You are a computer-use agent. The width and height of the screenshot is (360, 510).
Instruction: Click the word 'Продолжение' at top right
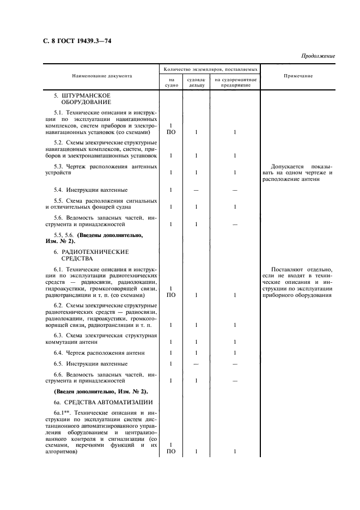click(x=318, y=56)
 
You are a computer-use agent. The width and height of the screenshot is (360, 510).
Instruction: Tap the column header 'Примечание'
click(x=298, y=76)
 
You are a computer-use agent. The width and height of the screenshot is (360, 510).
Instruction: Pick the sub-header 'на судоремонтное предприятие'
click(x=235, y=83)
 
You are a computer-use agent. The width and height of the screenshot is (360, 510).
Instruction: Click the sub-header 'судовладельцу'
click(x=196, y=83)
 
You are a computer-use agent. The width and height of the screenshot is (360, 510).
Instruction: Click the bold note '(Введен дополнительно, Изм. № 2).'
click(x=101, y=391)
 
